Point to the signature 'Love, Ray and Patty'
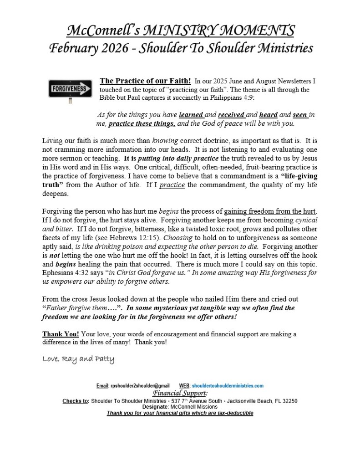78,359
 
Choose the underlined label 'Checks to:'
76,401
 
